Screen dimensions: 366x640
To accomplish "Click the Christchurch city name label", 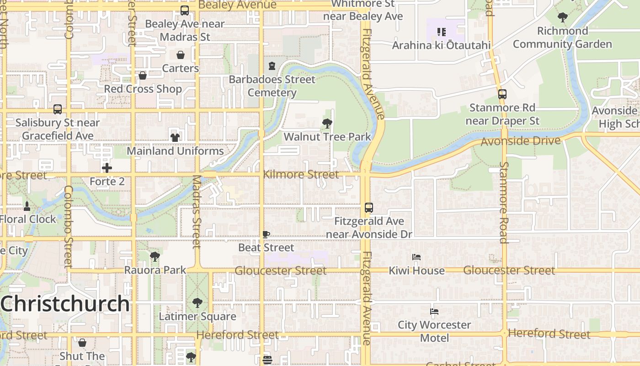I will [x=65, y=303].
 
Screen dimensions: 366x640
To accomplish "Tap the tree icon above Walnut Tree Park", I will [x=327, y=123].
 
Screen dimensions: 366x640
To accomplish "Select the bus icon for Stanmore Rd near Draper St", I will [x=502, y=94].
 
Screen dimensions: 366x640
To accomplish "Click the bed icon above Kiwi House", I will [x=416, y=257].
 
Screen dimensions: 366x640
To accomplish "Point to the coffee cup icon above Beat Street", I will [x=266, y=234].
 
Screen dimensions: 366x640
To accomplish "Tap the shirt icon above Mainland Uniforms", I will [x=175, y=137].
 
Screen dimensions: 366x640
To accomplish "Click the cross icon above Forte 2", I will [x=107, y=168].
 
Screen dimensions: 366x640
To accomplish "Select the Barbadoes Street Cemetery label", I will [x=272, y=86].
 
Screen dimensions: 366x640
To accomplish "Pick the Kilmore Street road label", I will [x=301, y=174].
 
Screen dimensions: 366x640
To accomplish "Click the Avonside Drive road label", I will [x=520, y=141].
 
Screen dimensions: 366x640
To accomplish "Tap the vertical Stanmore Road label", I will [x=504, y=202].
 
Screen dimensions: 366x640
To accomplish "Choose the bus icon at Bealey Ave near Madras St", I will [x=185, y=11].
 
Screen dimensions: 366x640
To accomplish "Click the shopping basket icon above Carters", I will [x=181, y=55].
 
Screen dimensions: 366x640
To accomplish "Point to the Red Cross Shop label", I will [x=143, y=89].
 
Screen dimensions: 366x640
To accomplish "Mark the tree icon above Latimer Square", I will [x=197, y=302].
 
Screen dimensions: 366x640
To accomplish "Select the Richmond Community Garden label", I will [x=562, y=38].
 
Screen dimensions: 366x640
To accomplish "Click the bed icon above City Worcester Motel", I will [x=434, y=312].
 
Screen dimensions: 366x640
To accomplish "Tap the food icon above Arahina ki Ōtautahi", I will [x=441, y=32].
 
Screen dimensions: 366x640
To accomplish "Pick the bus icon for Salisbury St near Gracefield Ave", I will [x=58, y=109].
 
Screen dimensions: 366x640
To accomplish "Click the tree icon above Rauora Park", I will [x=155, y=257].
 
